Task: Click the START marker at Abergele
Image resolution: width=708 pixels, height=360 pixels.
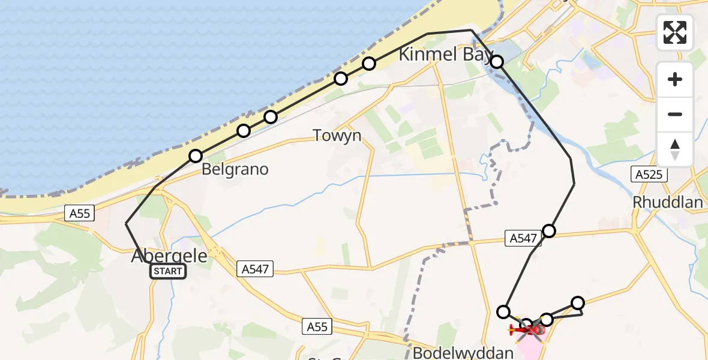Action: pyautogui.click(x=168, y=271)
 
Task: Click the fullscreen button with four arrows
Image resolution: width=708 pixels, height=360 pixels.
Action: pyautogui.click(x=675, y=32)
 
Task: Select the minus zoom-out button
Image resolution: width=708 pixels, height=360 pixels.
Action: pyautogui.click(x=675, y=114)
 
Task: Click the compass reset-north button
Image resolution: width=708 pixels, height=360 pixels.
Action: pyautogui.click(x=675, y=149)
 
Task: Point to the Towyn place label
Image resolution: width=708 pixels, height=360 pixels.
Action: pyautogui.click(x=337, y=136)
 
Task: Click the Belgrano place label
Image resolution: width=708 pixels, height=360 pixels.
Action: pyautogui.click(x=235, y=169)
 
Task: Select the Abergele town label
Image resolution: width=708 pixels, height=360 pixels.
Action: pyautogui.click(x=169, y=256)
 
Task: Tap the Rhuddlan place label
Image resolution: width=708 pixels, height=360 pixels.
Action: pyautogui.click(x=668, y=202)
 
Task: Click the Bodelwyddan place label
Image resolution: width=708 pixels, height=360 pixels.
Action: pyautogui.click(x=463, y=352)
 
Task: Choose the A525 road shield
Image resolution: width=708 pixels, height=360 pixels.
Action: pyautogui.click(x=648, y=175)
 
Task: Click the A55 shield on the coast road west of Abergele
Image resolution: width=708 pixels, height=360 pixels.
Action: pyautogui.click(x=79, y=212)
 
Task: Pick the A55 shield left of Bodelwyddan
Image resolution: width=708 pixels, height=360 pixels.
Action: pyautogui.click(x=317, y=326)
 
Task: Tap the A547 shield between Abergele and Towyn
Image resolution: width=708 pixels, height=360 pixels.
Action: pyautogui.click(x=256, y=269)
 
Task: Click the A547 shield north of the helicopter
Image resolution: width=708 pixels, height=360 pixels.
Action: pyautogui.click(x=523, y=238)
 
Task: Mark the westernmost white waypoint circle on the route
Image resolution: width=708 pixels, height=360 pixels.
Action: pyautogui.click(x=196, y=156)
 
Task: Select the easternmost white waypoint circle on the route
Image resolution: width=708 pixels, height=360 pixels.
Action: pyautogui.click(x=578, y=303)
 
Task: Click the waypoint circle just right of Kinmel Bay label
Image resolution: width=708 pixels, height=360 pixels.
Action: pyautogui.click(x=497, y=61)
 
